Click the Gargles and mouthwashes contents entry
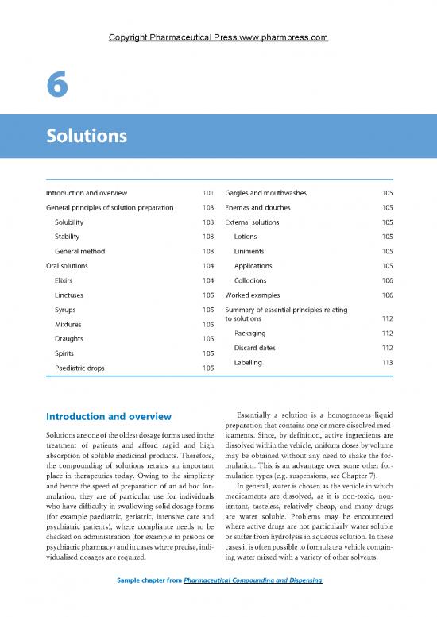click(x=266, y=192)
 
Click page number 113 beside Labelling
click(x=388, y=362)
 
